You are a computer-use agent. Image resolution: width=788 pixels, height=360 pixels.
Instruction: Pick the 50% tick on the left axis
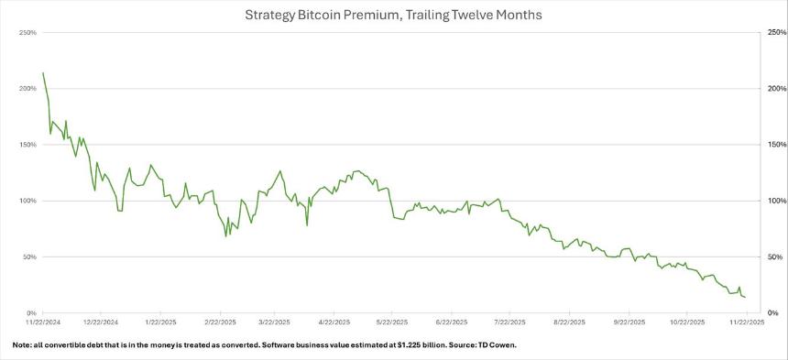tap(27, 257)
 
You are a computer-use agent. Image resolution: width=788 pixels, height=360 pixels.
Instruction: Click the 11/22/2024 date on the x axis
tap(43, 322)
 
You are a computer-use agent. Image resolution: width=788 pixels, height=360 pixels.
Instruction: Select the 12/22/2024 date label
tap(100, 322)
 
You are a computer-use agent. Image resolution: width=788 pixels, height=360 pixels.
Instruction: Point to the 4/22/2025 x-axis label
tap(334, 322)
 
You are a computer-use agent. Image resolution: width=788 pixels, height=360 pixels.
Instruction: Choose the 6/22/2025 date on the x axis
tap(452, 322)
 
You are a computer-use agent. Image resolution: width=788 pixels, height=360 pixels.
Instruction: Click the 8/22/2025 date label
tap(569, 322)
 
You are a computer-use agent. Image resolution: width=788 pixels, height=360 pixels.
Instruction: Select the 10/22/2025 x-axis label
tap(687, 322)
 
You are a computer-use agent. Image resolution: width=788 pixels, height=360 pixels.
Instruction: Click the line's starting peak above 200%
tap(43, 73)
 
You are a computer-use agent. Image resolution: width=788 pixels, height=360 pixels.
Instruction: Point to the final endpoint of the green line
tap(745, 297)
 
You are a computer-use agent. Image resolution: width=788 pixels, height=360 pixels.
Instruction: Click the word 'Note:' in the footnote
tap(22, 345)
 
